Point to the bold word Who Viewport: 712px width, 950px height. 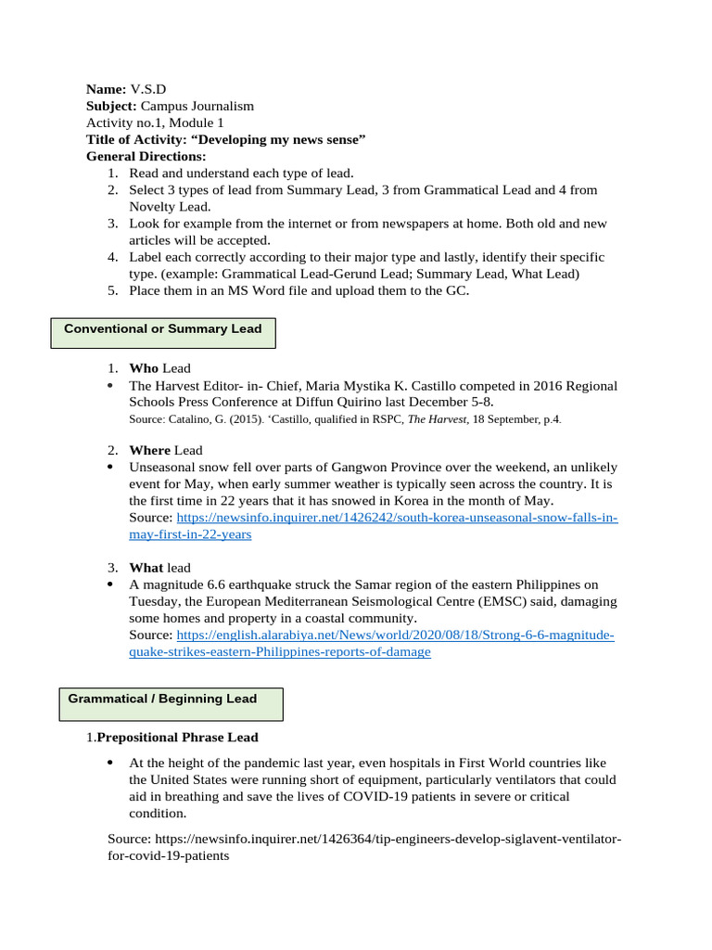coord(144,368)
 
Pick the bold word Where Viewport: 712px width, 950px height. coord(150,450)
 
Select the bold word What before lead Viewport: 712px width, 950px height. coord(146,567)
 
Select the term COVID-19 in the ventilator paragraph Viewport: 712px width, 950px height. coord(377,797)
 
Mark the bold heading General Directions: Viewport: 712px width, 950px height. coord(146,156)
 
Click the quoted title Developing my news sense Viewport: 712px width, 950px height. coord(261,139)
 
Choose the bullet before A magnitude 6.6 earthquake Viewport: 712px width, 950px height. coord(111,584)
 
